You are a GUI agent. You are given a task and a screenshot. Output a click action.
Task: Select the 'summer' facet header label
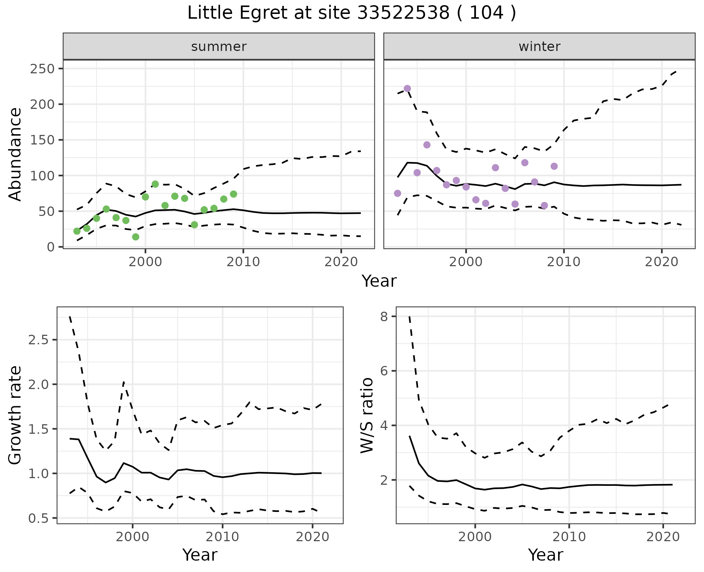219,47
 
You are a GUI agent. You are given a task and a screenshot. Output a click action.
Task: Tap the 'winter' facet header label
539,47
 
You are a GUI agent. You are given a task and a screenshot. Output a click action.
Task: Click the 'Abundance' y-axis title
15,154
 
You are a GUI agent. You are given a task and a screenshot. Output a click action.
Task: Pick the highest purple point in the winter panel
407,89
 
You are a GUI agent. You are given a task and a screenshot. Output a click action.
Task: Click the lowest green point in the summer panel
136,237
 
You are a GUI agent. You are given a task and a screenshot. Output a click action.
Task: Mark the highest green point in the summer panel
155,184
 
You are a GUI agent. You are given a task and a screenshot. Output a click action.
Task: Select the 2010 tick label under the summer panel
243,262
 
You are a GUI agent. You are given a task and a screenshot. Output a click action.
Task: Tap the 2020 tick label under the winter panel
662,262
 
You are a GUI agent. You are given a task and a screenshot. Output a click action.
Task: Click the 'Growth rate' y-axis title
15,415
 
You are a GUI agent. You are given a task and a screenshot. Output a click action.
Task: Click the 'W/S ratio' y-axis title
367,415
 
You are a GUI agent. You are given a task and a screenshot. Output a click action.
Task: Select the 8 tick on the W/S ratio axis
384,316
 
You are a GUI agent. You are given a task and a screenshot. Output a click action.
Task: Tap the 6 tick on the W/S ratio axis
384,371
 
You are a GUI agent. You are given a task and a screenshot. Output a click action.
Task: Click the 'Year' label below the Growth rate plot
200,555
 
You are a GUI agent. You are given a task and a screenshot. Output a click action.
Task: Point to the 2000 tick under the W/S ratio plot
475,537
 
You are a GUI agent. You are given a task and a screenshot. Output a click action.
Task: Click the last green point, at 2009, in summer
234,194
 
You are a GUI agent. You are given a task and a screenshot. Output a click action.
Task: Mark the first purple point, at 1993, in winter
397,193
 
